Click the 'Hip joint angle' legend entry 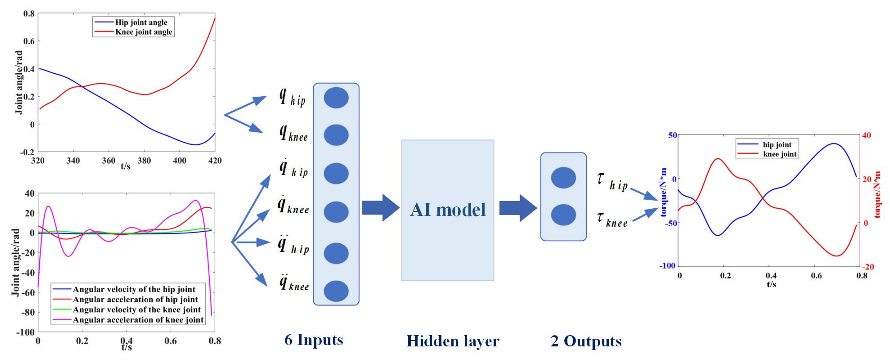tap(141, 22)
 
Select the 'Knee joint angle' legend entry tap(143, 32)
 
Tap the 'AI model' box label tap(448, 210)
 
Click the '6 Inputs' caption tap(314, 340)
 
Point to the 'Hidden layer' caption tap(453, 341)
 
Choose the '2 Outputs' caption tap(586, 341)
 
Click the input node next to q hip tap(336, 98)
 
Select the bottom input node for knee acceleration tap(336, 291)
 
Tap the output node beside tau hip tap(563, 178)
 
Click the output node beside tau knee tap(563, 215)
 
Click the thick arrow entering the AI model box tap(380, 208)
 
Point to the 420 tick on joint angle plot tap(215, 161)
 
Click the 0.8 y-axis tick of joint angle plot tap(29, 14)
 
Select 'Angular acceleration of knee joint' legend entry tap(138, 320)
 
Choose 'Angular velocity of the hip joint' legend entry tap(134, 289)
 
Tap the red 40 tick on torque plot tap(867, 135)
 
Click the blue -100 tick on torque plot tap(667, 266)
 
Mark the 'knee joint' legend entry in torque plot tap(779, 154)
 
